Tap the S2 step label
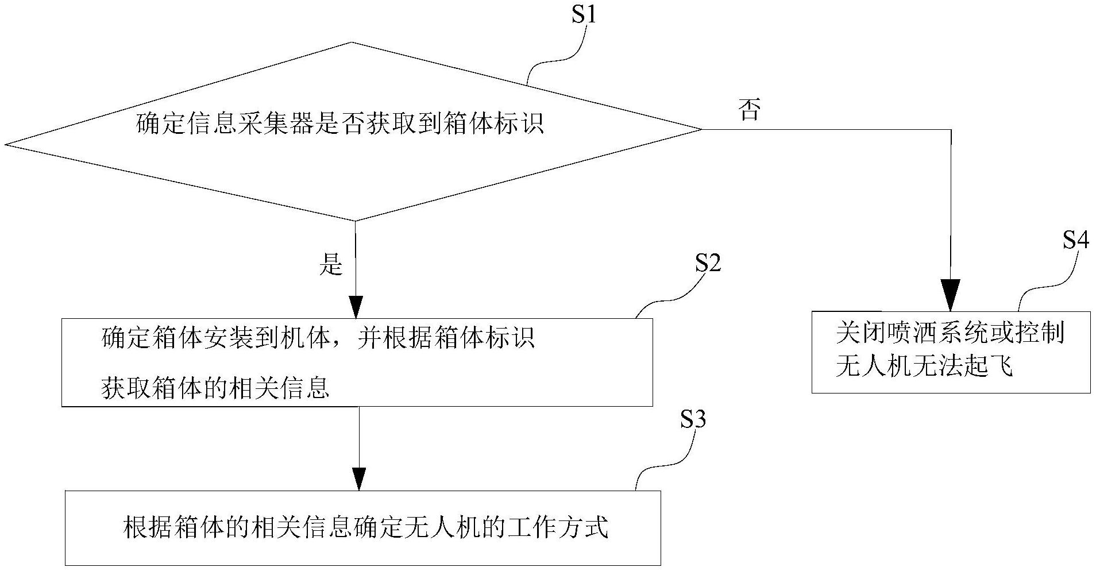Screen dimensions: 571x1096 [708, 263]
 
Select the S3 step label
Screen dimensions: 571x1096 [693, 420]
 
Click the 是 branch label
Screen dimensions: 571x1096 [331, 265]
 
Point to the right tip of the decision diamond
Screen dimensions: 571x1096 [701, 129]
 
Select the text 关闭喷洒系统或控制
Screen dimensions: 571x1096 [951, 333]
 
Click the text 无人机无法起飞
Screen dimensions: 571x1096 [924, 366]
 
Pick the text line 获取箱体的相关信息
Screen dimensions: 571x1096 [215, 388]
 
